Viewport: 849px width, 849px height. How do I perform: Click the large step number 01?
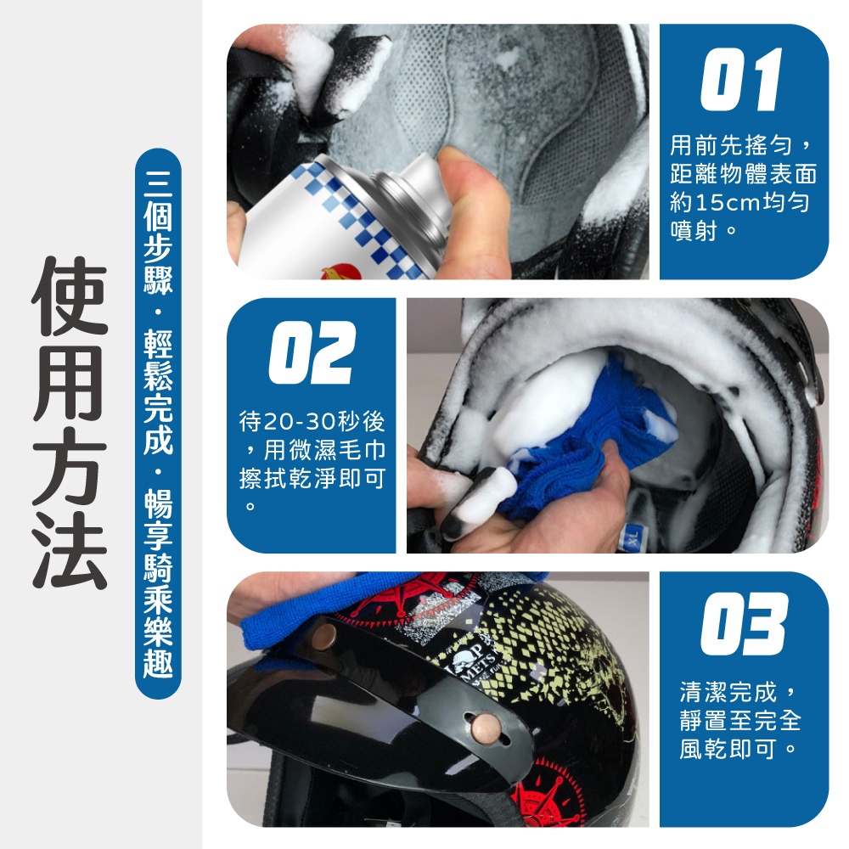pos(741,79)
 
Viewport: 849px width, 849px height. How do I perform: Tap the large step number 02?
pos(312,352)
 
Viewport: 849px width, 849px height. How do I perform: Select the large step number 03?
pos(743,624)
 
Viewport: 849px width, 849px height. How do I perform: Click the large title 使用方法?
pos(70,423)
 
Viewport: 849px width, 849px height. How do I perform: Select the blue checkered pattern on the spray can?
pos(357,217)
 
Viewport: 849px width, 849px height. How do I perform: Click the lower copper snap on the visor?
pos(484,727)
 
